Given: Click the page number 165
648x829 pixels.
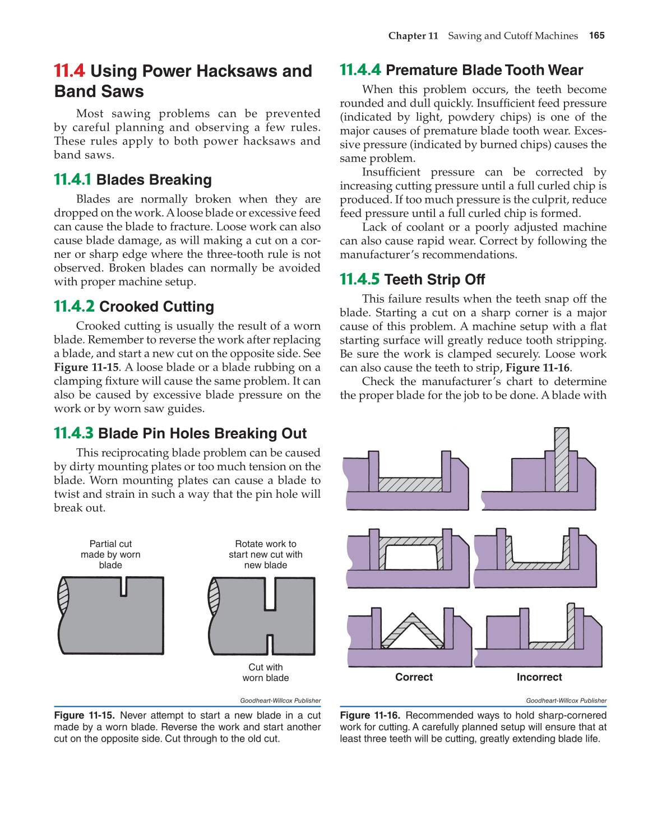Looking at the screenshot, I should pyautogui.click(x=596, y=35).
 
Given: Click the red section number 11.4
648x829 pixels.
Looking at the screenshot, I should pyautogui.click(x=69, y=71).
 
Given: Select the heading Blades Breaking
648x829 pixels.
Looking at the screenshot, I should pyautogui.click(x=154, y=180).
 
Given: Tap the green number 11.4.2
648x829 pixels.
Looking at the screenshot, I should pyautogui.click(x=74, y=307).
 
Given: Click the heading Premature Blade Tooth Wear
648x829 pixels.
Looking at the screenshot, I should pyautogui.click(x=484, y=70).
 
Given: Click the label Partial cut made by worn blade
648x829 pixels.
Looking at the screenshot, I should pyautogui.click(x=110, y=554).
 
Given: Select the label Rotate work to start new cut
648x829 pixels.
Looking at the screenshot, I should pyautogui.click(x=265, y=554).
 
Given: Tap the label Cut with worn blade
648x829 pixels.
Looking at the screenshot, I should pyautogui.click(x=265, y=673).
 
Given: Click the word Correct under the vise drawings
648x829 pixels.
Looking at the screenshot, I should pyautogui.click(x=414, y=677).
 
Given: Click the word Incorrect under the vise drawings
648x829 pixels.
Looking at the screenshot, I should pyautogui.click(x=539, y=677).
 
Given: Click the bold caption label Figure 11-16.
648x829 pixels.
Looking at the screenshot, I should pyautogui.click(x=370, y=715).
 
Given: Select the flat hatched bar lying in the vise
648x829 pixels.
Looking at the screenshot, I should pyautogui.click(x=410, y=484).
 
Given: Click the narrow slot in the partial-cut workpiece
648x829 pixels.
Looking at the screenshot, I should pyautogui.click(x=124, y=586).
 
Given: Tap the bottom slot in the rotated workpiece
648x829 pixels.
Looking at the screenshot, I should pyautogui.click(x=270, y=644).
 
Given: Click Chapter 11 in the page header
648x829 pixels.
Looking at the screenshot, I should pyautogui.click(x=413, y=36).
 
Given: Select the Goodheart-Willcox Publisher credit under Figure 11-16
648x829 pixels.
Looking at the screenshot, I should pyautogui.click(x=566, y=701).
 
